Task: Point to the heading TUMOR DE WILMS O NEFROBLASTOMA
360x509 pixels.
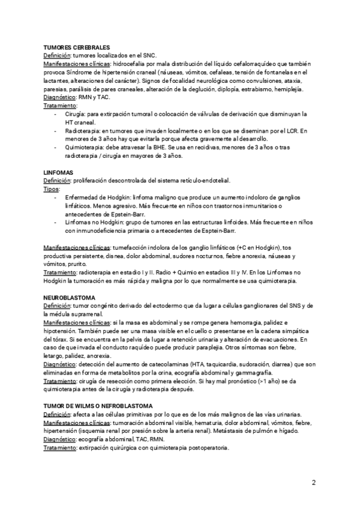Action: coord(98,390)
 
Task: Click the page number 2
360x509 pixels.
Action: coord(314,483)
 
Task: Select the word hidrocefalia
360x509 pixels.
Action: coord(130,63)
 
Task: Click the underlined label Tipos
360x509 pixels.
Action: coord(52,188)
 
